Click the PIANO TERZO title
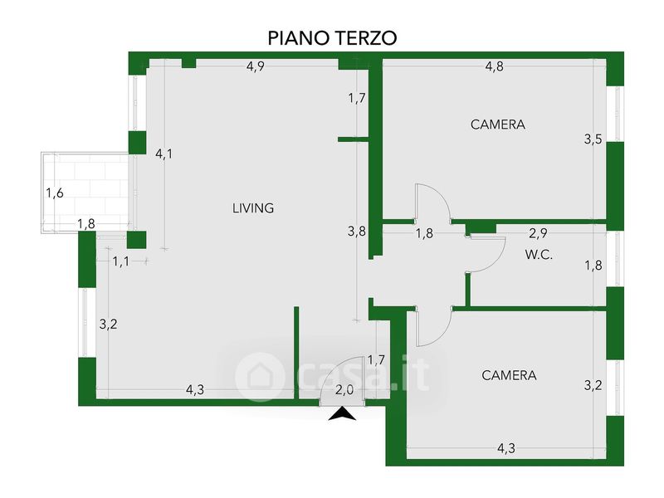point(333,37)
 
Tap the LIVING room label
point(253,208)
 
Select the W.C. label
point(539,255)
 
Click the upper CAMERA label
point(498,124)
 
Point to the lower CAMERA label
point(509,375)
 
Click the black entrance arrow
point(342,413)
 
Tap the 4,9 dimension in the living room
point(256,66)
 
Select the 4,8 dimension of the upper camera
point(494,66)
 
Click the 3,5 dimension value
point(593,139)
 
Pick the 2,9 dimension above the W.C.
point(538,233)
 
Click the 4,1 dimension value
point(164,154)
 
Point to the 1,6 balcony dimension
point(55,193)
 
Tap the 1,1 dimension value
point(121,261)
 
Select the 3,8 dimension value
point(357,232)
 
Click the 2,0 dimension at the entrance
point(344,390)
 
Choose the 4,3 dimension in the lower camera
point(506,448)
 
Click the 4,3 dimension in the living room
point(195,389)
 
